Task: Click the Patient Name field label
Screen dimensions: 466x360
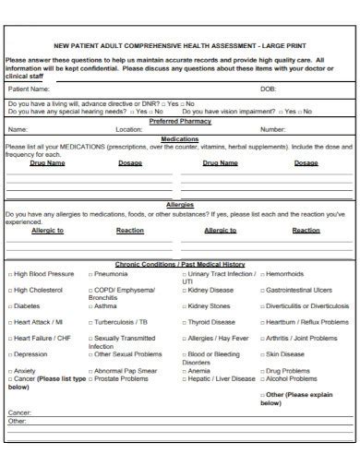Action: pos(29,89)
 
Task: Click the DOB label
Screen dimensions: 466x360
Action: pos(268,89)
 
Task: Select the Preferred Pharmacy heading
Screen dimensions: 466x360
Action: pos(180,121)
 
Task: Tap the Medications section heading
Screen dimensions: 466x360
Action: pos(180,137)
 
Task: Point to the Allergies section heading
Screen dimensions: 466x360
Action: pos(180,205)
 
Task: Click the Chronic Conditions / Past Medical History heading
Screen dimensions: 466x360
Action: pos(180,264)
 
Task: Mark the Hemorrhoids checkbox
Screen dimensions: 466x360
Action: pos(263,274)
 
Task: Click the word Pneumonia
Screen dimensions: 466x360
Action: pos(112,274)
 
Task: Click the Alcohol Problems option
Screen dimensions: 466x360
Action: pos(292,378)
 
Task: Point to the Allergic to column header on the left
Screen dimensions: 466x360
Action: pos(47,230)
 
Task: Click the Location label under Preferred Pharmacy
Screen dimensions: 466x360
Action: pos(128,129)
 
